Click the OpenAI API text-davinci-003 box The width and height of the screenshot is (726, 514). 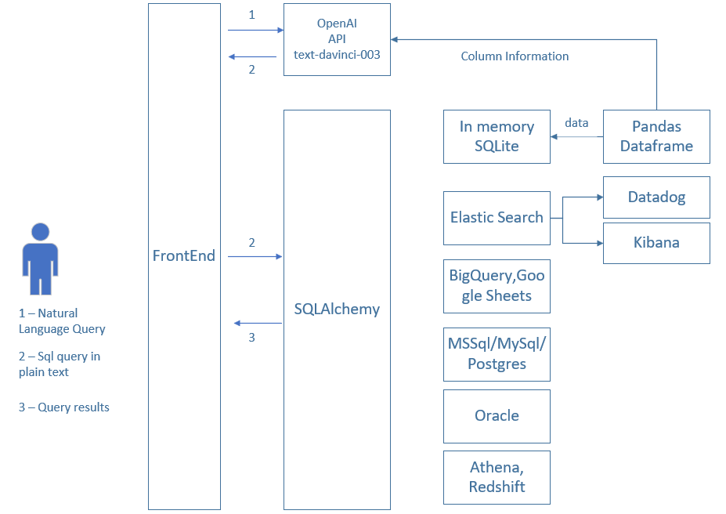point(337,39)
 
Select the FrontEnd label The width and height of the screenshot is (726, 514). point(184,255)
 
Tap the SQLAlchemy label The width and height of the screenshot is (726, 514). point(337,309)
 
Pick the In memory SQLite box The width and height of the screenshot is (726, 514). point(497,136)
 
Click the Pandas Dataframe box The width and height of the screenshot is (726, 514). point(656,136)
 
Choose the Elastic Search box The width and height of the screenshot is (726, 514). point(497,217)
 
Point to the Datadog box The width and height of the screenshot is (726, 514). point(656,197)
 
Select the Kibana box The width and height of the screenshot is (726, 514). point(656,242)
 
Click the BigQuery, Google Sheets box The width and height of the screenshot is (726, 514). point(497,286)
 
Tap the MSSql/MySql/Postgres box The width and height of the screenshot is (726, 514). point(497,354)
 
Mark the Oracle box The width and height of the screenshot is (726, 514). point(497,415)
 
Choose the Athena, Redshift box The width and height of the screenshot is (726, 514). point(497,477)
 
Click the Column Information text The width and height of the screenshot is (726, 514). point(515,56)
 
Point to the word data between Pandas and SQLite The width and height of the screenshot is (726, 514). point(576,123)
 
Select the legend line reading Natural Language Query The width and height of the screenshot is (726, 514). point(62,321)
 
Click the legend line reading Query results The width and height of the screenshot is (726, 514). point(64,407)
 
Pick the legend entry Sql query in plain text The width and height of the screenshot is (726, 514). point(60,364)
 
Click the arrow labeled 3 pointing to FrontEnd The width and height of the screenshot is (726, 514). point(258,323)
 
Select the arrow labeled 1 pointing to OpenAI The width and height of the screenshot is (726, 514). point(255,31)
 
